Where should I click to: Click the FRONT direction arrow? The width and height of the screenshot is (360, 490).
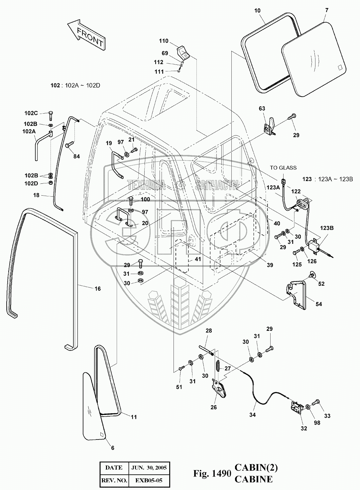click(x=86, y=35)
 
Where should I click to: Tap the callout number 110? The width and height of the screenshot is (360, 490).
click(x=164, y=41)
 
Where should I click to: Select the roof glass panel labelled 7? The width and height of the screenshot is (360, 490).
click(x=313, y=59)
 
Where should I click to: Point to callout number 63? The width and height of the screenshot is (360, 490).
click(x=262, y=109)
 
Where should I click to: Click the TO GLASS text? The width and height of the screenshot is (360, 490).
click(x=283, y=167)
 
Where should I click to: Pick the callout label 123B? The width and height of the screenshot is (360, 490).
click(x=327, y=228)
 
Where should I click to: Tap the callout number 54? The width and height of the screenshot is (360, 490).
click(x=319, y=304)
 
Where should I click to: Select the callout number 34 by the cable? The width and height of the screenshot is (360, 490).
click(x=252, y=415)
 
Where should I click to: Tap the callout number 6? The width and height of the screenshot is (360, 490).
click(x=113, y=448)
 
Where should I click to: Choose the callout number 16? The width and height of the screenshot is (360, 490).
click(x=98, y=289)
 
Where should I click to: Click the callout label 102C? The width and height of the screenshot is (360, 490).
click(x=31, y=113)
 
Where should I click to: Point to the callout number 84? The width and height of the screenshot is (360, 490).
click(x=76, y=156)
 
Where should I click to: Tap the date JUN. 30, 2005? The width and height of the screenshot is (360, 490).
click(x=149, y=468)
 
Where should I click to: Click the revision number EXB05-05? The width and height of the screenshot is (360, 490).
click(x=149, y=480)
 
